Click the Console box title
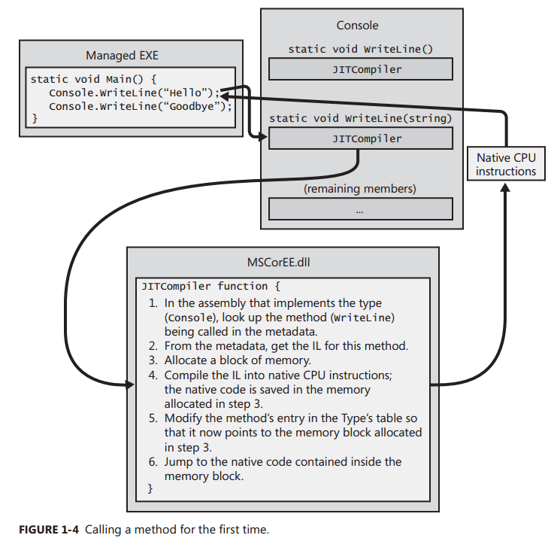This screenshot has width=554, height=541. tap(358, 25)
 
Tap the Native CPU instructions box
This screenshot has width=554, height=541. tap(506, 165)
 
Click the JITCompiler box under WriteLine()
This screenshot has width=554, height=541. tap(360, 69)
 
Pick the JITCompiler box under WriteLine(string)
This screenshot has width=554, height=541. tap(360, 138)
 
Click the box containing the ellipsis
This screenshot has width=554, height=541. tap(360, 209)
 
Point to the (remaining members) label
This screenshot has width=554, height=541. tap(360, 188)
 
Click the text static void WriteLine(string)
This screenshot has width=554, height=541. tap(360, 119)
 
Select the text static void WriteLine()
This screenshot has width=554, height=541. tap(360, 50)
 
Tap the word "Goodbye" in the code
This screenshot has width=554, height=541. tap(193, 106)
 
